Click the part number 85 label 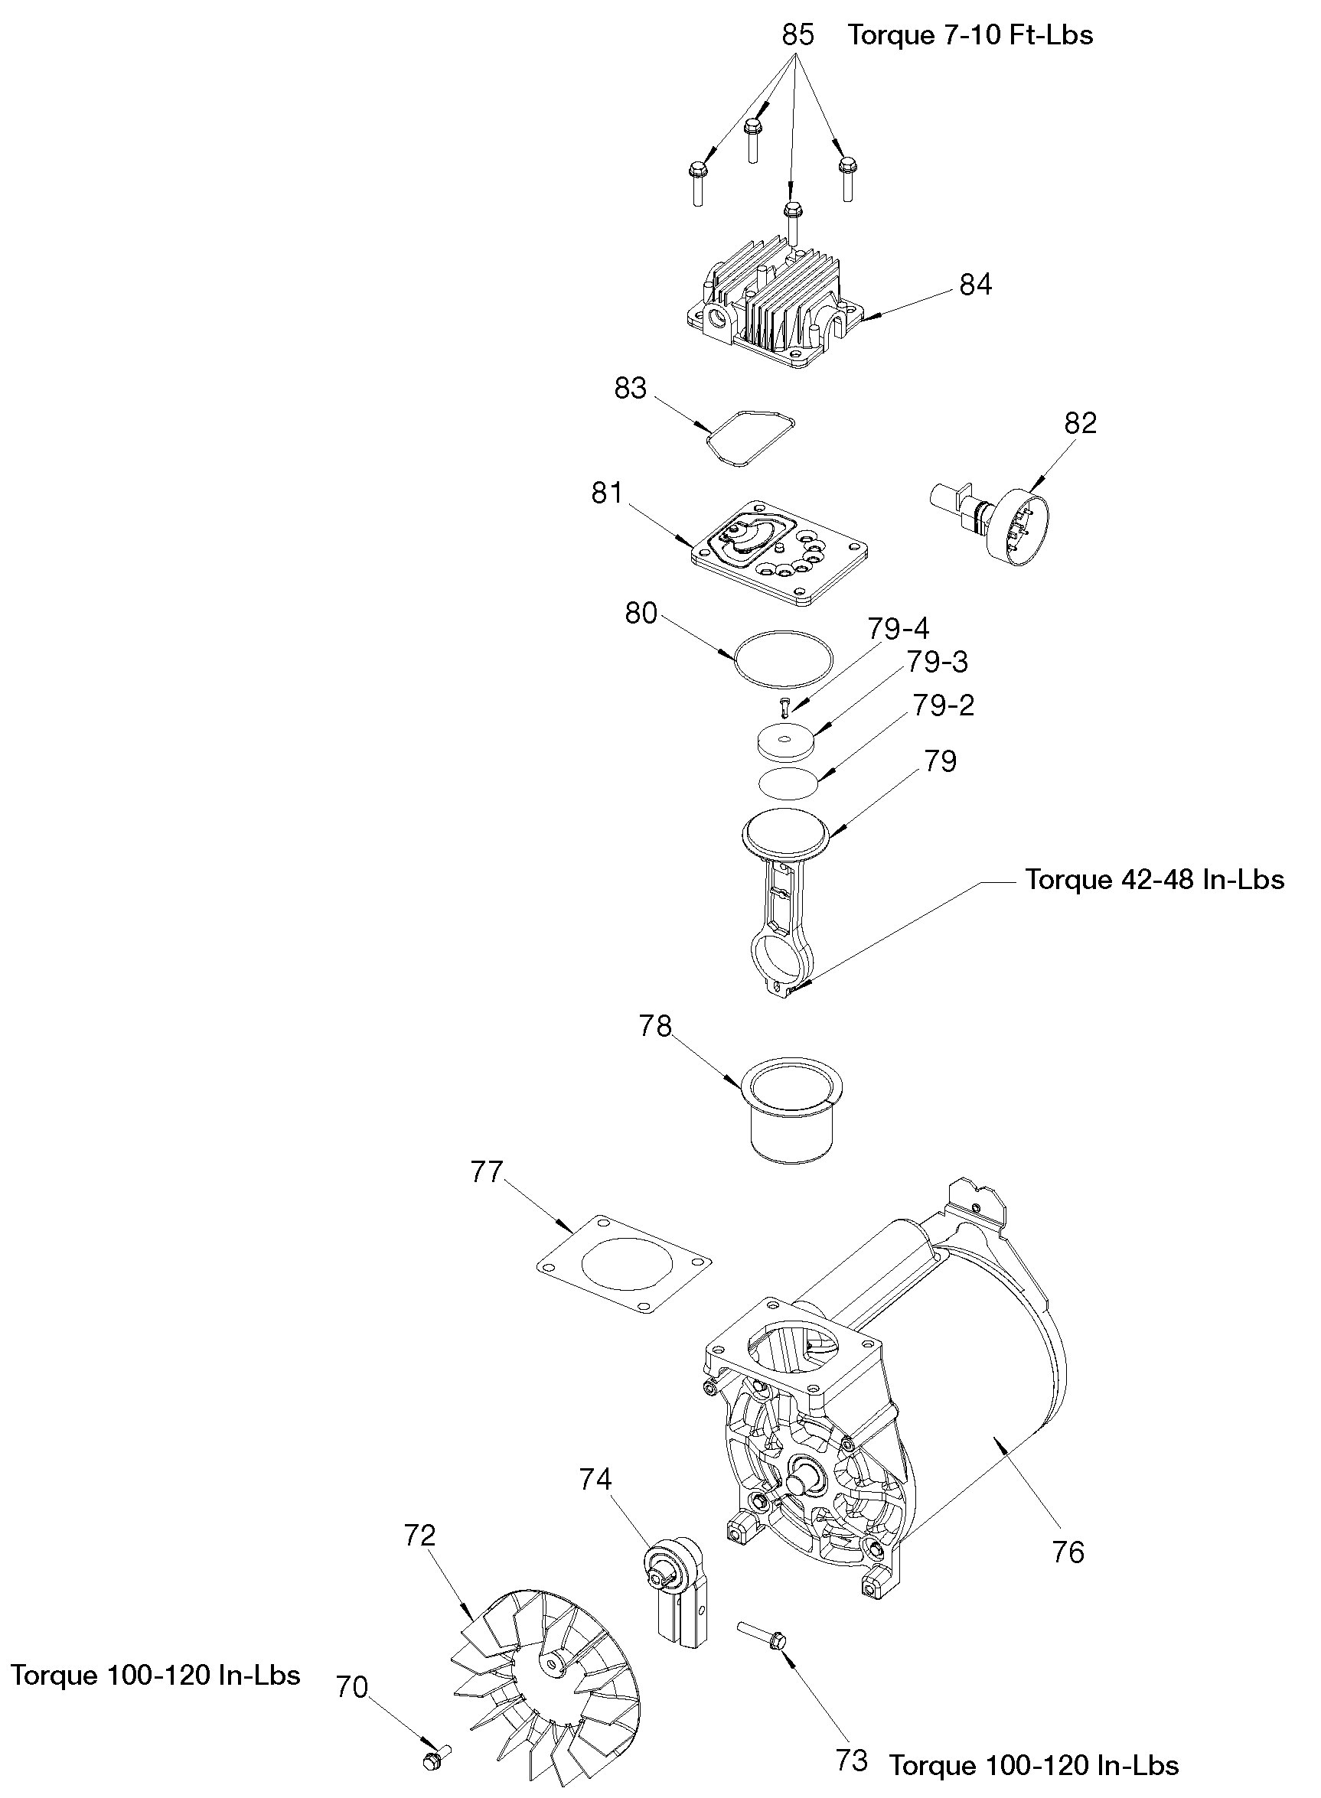[x=797, y=35]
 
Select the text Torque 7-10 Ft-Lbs [x=970, y=35]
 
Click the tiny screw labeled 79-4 [x=784, y=705]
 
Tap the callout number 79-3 [x=936, y=662]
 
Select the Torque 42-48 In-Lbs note [x=1155, y=879]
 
